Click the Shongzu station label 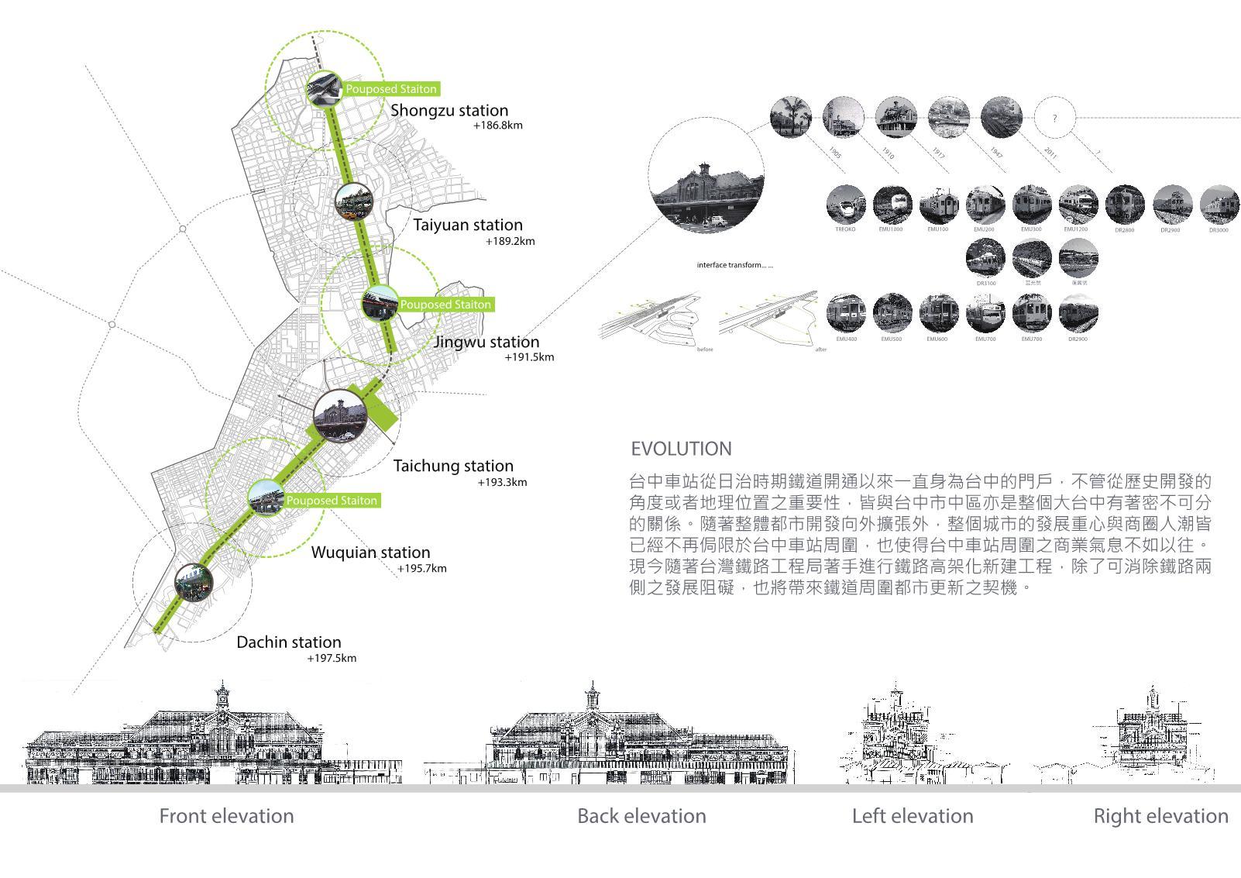pos(449,110)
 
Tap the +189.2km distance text pos(510,241)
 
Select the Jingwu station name pos(486,342)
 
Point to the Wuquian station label pos(370,553)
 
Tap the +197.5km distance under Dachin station pos(332,659)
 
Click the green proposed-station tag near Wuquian pos(332,501)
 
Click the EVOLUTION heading pos(681,449)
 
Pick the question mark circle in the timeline pos(1054,119)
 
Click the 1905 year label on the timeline pos(834,152)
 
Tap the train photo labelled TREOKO pos(846,205)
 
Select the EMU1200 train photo pos(1078,205)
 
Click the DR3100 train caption pos(986,284)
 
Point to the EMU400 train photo pos(846,314)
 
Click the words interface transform pos(734,265)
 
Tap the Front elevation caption pos(226,816)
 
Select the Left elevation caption pos(913,816)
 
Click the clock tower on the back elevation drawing pos(593,697)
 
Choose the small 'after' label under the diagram pos(821,349)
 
